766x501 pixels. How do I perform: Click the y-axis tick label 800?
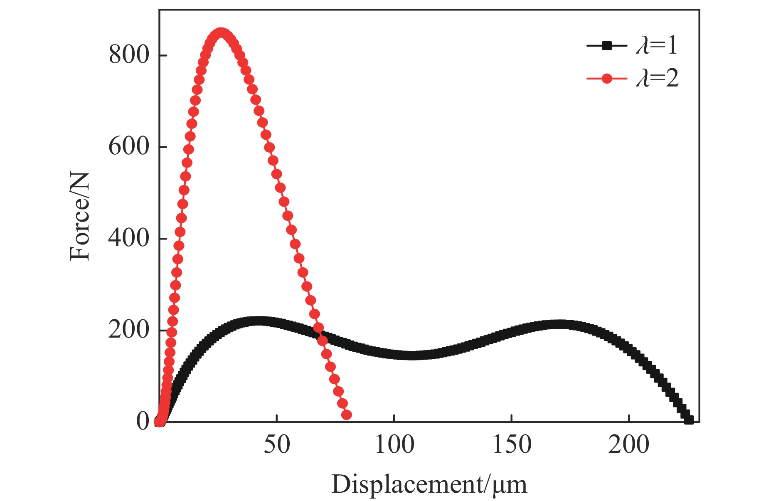tap(128, 55)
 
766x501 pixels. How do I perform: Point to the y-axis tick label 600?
tap(128, 147)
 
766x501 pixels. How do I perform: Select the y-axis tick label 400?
tap(128, 238)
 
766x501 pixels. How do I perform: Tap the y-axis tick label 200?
tap(128, 330)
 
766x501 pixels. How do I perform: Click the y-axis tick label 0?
tap(143, 422)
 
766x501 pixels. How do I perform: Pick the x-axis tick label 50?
tap(276, 444)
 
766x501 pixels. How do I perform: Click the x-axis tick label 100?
tap(394, 444)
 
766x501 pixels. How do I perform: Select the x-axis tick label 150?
tap(512, 444)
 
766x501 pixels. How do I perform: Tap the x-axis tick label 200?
tap(629, 444)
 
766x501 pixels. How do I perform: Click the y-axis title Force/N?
tap(80, 217)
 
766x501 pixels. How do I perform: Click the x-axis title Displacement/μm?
tap(429, 484)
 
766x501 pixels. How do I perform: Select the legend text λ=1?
tap(657, 45)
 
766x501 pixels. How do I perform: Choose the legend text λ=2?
tap(657, 78)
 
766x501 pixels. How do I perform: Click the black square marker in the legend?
tap(607, 46)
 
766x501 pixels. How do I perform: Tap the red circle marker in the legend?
tap(607, 78)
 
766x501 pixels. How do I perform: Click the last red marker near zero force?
tap(347, 415)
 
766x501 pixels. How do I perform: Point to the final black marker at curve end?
tap(689, 420)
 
